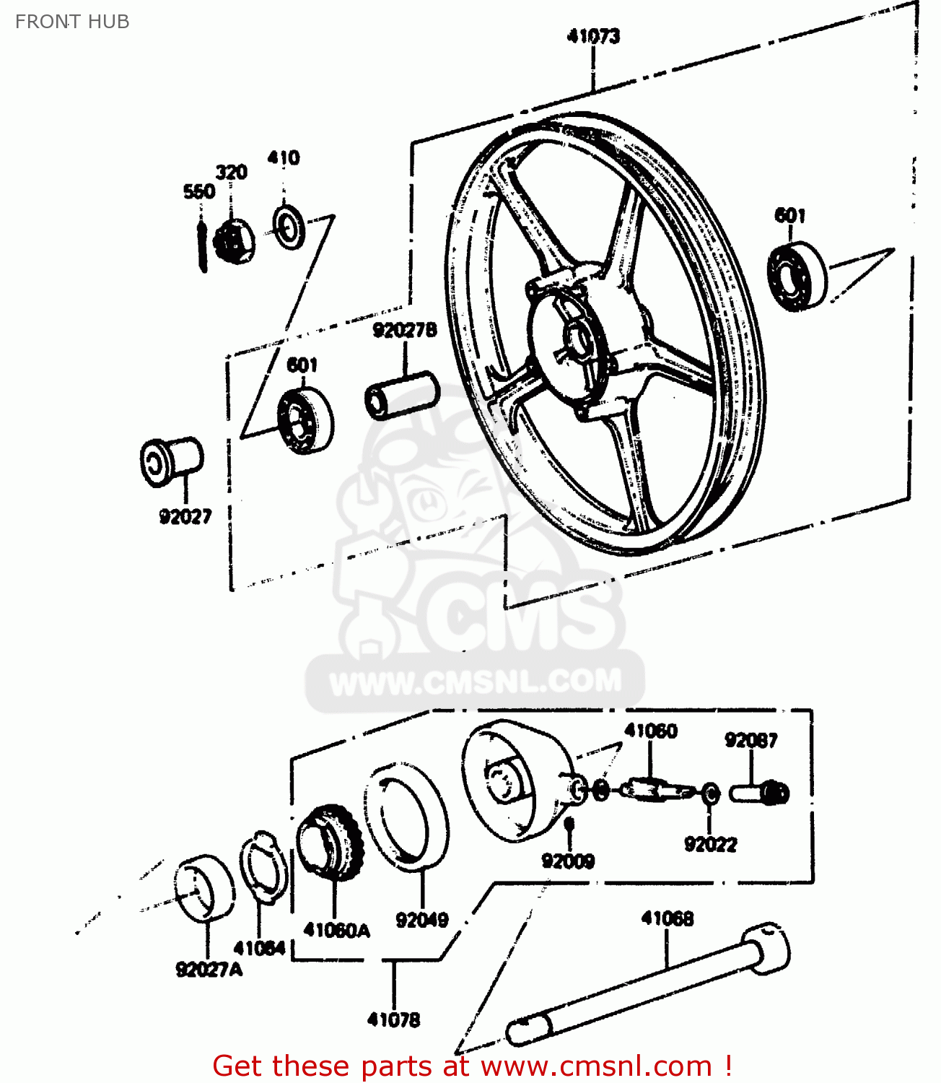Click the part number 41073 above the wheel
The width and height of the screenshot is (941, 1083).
(x=593, y=36)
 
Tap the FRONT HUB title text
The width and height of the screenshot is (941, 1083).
(x=72, y=22)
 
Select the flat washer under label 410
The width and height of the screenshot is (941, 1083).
(x=289, y=227)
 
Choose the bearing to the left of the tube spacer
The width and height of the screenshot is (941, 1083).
(x=305, y=420)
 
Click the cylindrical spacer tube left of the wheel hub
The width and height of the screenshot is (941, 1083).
(x=402, y=395)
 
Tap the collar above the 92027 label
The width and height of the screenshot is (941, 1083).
(x=171, y=461)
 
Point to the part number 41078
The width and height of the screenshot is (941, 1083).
(x=393, y=1019)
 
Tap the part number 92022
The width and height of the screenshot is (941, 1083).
(x=710, y=844)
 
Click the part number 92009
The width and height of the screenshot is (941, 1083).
(x=568, y=861)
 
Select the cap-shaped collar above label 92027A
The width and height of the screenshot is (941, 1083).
(x=203, y=888)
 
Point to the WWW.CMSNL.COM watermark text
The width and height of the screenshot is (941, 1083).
(x=475, y=682)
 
